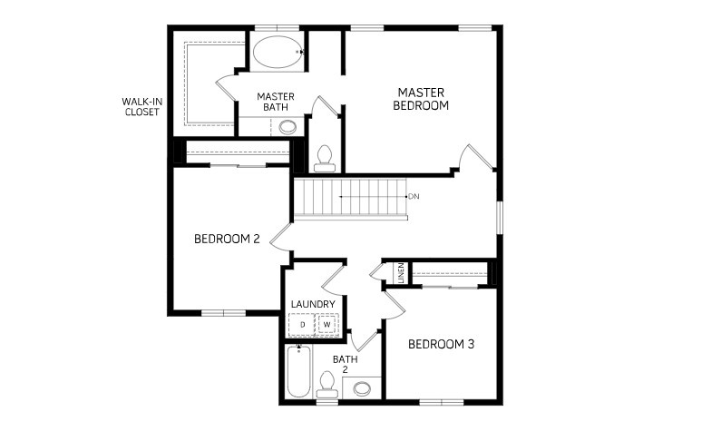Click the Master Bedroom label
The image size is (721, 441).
421,99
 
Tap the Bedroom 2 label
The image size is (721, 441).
227,240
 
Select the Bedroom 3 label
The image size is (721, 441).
441,344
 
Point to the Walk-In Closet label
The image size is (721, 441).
142,107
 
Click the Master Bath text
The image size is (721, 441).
276,102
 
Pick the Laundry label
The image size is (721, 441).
313,304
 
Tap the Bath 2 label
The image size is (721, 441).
345,364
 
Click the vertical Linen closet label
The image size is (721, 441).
401,273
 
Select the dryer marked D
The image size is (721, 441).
302,325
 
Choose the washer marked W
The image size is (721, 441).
327,325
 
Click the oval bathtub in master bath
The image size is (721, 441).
278,52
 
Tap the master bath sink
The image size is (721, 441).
287,126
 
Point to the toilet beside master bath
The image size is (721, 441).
325,158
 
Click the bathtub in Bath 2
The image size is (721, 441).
298,371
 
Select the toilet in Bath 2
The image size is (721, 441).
326,385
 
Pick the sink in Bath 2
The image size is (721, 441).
362,388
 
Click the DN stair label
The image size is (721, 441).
414,196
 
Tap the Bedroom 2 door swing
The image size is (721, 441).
281,237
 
